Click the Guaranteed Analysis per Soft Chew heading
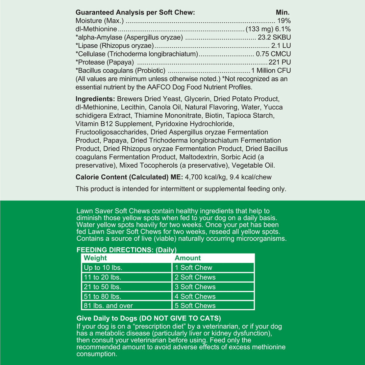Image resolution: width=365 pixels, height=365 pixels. pos(135,13)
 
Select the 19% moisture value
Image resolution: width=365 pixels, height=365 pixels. pos(284,21)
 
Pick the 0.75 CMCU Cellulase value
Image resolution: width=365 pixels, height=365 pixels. pos(273,54)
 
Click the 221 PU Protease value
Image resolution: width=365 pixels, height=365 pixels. pos(279,62)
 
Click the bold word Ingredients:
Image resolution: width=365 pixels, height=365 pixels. pos(95,99)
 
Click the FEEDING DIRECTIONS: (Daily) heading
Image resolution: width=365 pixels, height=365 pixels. pos(126,250)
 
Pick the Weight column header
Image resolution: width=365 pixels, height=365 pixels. pos(95,258)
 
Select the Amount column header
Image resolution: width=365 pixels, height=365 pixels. pos(188,258)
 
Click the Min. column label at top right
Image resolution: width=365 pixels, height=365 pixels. pos(283,13)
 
